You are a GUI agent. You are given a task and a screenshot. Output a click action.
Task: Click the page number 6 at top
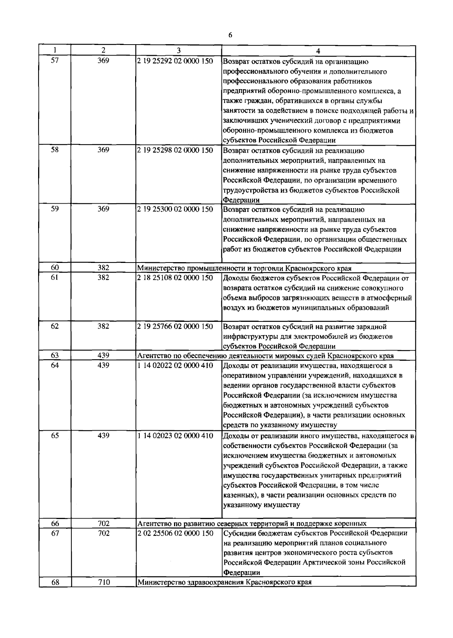point(230,35)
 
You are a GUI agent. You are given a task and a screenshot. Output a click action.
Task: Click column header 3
point(179,50)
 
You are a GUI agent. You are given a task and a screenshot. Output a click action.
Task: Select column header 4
point(318,51)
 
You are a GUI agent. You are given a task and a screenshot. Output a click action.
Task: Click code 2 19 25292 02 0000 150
point(175,61)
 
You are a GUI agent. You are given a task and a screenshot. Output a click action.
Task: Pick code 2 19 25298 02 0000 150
point(175,150)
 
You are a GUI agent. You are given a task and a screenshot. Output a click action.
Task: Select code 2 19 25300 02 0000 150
point(175,209)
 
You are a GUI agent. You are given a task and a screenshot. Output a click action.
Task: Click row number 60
point(55,268)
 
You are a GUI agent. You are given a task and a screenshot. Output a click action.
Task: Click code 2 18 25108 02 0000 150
point(175,278)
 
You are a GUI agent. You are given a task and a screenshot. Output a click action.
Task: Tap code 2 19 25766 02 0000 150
point(175,326)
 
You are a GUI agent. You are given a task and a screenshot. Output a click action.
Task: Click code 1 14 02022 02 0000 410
point(175,365)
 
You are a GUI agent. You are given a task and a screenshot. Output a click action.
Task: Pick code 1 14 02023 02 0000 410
point(175,436)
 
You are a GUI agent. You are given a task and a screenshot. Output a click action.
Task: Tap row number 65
point(55,436)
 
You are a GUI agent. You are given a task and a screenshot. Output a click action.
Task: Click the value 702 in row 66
point(103,524)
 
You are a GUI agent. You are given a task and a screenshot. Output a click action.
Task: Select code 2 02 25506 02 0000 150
point(175,533)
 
